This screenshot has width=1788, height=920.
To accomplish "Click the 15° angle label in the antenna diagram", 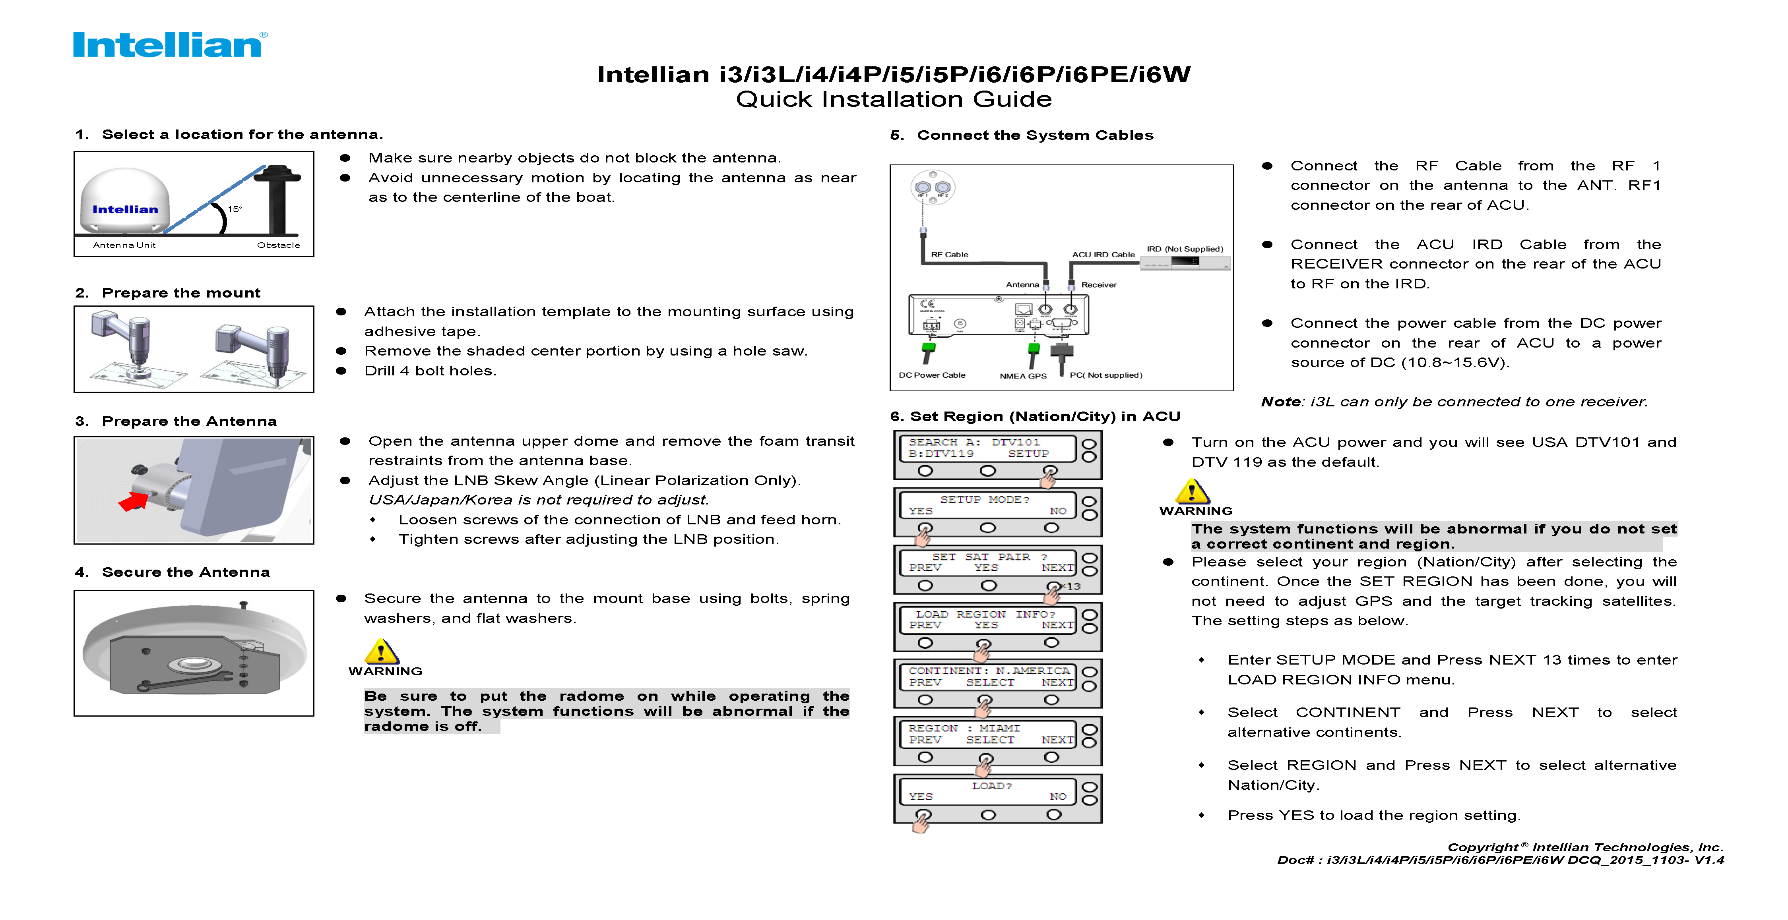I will pyautogui.click(x=235, y=209).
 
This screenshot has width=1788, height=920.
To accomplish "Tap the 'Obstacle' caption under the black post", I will pyautogui.click(x=278, y=245).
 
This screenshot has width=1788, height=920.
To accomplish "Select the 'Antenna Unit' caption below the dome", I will pyautogui.click(x=124, y=245).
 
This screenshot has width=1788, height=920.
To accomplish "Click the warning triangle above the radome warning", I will pyautogui.click(x=381, y=652).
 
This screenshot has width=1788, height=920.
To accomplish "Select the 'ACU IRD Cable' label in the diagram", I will pyautogui.click(x=1103, y=255).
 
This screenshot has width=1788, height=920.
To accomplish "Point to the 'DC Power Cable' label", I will pyautogui.click(x=931, y=375).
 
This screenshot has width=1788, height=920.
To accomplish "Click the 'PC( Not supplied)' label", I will pyautogui.click(x=1105, y=375).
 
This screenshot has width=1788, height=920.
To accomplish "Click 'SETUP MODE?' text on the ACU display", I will pyautogui.click(x=984, y=500).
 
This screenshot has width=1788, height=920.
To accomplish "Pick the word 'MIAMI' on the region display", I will pyautogui.click(x=999, y=728).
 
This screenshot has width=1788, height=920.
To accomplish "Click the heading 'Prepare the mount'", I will pyautogui.click(x=180, y=293).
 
